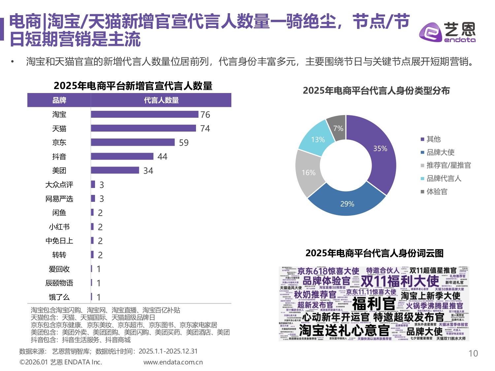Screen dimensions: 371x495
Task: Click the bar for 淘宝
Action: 145,114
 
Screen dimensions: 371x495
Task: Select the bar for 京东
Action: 133,142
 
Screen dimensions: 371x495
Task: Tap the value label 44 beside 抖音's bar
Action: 162,157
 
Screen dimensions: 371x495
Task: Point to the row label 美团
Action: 59,170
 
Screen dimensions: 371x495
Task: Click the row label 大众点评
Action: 59,185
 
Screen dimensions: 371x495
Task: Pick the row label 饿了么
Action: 59,297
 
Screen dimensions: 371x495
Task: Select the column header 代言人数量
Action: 161,100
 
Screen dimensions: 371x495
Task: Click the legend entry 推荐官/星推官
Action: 448,165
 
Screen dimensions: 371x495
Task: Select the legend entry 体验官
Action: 437,192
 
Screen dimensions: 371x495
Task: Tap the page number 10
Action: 473,354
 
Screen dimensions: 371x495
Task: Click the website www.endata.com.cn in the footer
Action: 173,362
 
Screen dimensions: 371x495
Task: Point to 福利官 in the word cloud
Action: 374,303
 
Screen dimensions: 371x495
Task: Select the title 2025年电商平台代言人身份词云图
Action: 374,253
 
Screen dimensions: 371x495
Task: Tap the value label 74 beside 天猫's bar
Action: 205,129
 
